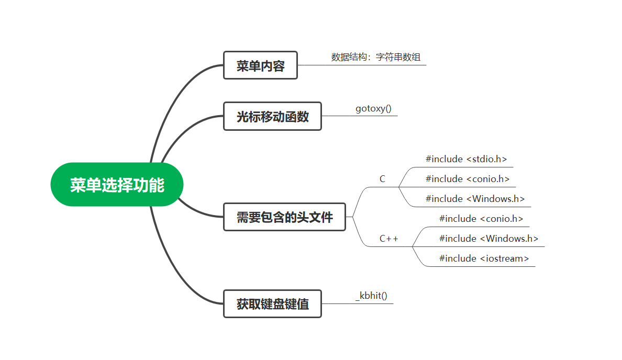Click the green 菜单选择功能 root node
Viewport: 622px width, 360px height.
pyautogui.click(x=117, y=185)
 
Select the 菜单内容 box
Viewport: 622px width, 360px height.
pyautogui.click(x=260, y=65)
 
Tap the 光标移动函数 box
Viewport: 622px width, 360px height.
pyautogui.click(x=272, y=116)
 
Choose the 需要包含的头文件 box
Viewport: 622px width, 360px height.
pyautogui.click(x=284, y=217)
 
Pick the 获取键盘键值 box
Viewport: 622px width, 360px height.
pyautogui.click(x=272, y=303)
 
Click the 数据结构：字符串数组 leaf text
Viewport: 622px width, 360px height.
pyautogui.click(x=375, y=57)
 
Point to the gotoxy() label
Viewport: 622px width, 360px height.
pyautogui.click(x=373, y=109)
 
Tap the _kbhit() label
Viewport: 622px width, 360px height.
pyautogui.click(x=371, y=296)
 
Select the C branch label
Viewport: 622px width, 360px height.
pyautogui.click(x=382, y=179)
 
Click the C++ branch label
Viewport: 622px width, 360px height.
pyautogui.click(x=388, y=239)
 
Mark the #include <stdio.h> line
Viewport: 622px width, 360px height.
pyautogui.click(x=466, y=159)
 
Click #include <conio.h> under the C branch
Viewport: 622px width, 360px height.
pyautogui.click(x=468, y=179)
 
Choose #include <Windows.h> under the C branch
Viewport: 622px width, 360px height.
pyautogui.click(x=475, y=199)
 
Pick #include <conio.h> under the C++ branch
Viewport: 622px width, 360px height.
pyautogui.click(x=481, y=219)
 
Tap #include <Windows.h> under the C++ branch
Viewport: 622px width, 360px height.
pyautogui.click(x=488, y=239)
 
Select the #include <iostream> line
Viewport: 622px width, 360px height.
pyautogui.click(x=484, y=258)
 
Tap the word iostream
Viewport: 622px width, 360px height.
pyautogui.click(x=504, y=258)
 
